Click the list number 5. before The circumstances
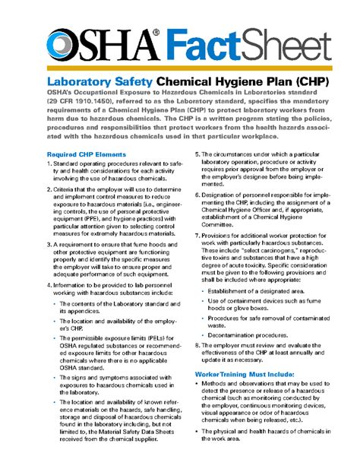pyautogui.click(x=197, y=154)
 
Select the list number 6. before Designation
pyautogui.click(x=197, y=196)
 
